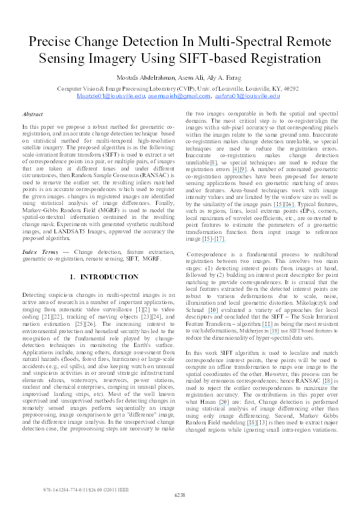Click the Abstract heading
pyautogui.click(x=32, y=114)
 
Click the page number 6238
pyautogui.click(x=180, y=495)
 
